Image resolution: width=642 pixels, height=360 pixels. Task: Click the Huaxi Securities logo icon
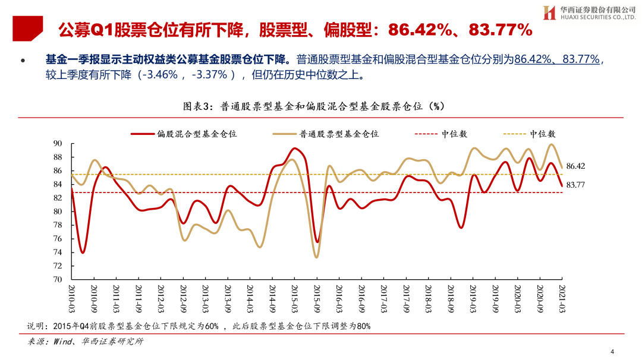tap(549, 12)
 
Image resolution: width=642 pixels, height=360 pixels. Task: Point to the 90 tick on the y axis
tap(58, 144)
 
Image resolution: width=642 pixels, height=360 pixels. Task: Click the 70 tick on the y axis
tap(58, 279)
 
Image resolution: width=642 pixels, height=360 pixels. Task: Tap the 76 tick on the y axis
tap(58, 239)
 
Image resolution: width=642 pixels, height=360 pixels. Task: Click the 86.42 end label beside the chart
tap(577, 166)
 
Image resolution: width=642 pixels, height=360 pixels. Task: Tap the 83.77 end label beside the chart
tap(577, 185)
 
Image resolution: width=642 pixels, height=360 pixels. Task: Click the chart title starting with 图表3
tap(314, 106)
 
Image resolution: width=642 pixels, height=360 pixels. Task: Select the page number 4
tap(612, 350)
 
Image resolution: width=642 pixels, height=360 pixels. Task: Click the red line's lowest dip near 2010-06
tap(83, 253)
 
